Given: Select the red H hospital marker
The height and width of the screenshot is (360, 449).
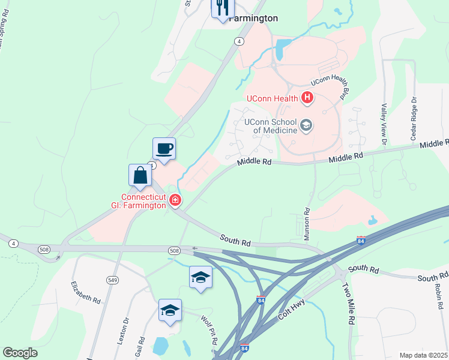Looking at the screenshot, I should pyautogui.click(x=307, y=97).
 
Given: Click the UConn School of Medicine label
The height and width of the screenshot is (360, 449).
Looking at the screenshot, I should pyautogui.click(x=270, y=125).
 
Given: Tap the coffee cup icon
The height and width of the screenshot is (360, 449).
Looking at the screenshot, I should pyautogui.click(x=164, y=148).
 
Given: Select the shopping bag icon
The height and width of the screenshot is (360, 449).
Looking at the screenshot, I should pyautogui.click(x=140, y=175).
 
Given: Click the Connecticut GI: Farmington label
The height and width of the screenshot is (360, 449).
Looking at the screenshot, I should pyautogui.click(x=143, y=201).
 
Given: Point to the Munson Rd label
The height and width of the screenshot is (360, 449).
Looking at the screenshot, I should pyautogui.click(x=306, y=224).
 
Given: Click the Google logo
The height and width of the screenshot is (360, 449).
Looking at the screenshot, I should pyautogui.click(x=20, y=353).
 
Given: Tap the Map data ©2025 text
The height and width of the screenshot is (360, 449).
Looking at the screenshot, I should pyautogui.click(x=423, y=355).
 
